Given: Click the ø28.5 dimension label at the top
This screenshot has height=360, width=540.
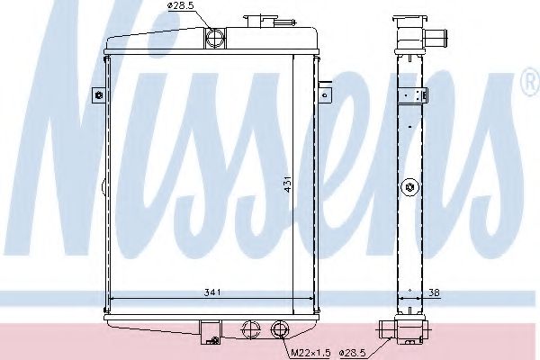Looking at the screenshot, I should pyautogui.click(x=180, y=9).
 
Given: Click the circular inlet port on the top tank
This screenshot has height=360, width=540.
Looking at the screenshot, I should pyautogui.click(x=215, y=38).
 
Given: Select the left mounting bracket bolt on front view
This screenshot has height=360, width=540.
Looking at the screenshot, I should pyautogui.click(x=97, y=94).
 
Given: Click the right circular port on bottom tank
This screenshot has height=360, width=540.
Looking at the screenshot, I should pyautogui.click(x=280, y=328).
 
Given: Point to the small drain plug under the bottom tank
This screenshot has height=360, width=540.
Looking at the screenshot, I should pyautogui.click(x=212, y=340).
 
